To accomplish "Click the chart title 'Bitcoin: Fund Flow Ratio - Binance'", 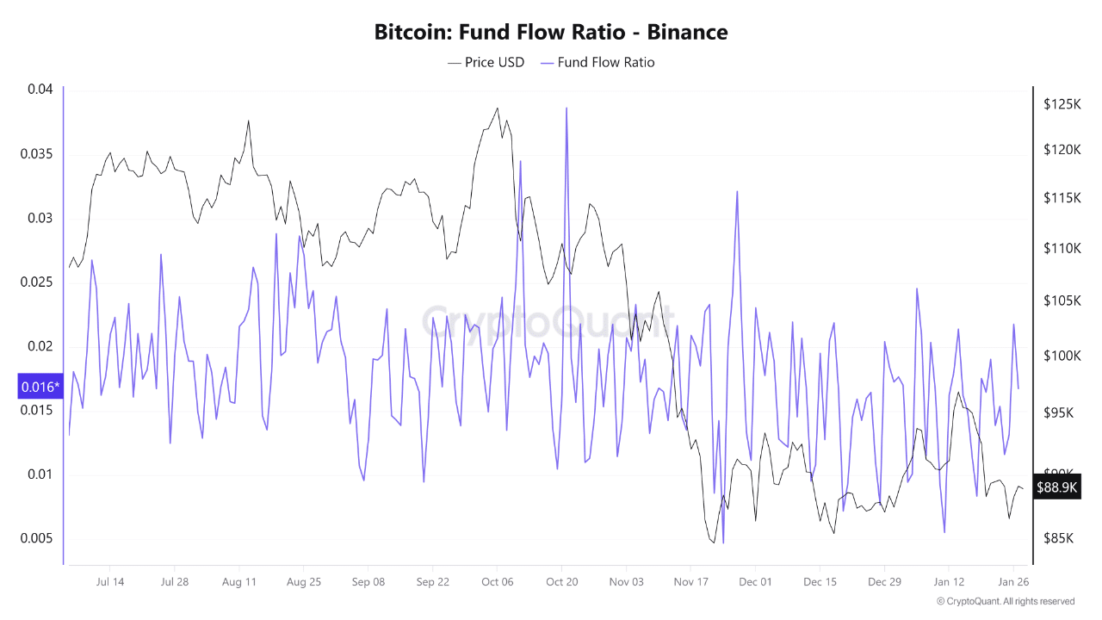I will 551,33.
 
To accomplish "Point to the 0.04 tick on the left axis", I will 40,90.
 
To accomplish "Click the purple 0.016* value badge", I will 40,387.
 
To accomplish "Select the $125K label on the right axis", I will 1062,104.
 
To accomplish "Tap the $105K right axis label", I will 1062,301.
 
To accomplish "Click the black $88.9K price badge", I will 1056,487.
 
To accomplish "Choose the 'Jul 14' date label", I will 110,582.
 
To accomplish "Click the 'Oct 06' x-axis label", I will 497,582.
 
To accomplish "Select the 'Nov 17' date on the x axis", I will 690,582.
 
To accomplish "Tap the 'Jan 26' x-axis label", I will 1013,582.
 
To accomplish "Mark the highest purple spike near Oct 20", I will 566,108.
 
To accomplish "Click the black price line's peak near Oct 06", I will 498,108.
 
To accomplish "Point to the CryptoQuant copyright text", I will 1006,601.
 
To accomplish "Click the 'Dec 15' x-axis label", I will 820,582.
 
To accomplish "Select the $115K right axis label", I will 1062,198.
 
